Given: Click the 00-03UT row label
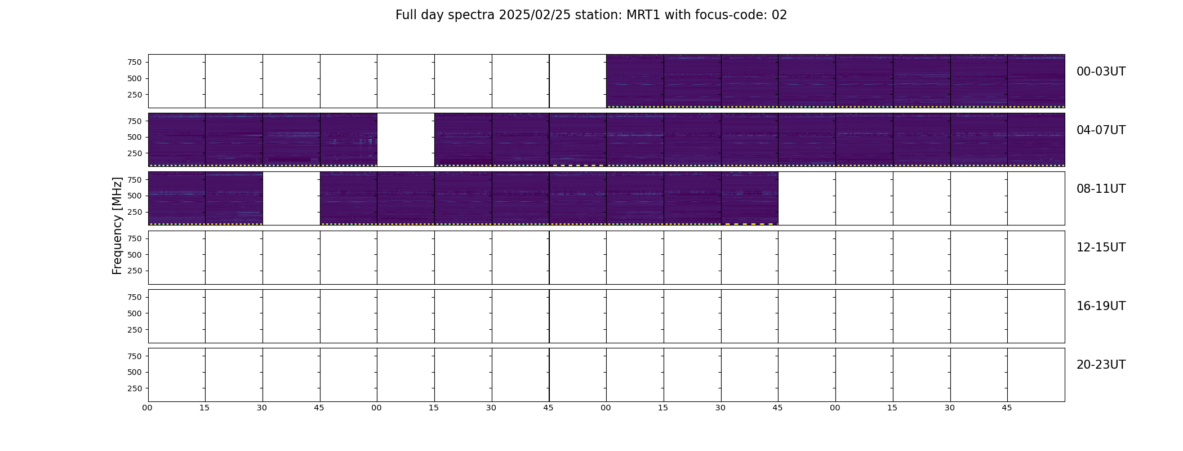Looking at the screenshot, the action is (x=1101, y=72).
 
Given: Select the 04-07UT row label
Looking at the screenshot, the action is (x=1101, y=130).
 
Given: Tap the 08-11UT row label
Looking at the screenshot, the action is (x=1101, y=189).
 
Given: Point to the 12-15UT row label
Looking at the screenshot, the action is (x=1101, y=247).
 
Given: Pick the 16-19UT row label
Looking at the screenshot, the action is (x=1101, y=306).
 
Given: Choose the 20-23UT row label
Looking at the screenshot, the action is (x=1101, y=365).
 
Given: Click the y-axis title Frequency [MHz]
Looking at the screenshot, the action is (x=117, y=226).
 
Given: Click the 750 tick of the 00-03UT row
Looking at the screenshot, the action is (x=135, y=62).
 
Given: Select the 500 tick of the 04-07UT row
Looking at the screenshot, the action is (x=135, y=137).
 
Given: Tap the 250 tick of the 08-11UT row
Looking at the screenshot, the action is (x=135, y=212).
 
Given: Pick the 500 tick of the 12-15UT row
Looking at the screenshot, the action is (x=135, y=255).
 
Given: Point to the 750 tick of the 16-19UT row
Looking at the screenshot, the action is (x=135, y=297).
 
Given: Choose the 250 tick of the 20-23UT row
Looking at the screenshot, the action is (x=135, y=388).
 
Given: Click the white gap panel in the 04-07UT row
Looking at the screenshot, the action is (x=406, y=140).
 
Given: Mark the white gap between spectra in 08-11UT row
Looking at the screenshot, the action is (x=291, y=198).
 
